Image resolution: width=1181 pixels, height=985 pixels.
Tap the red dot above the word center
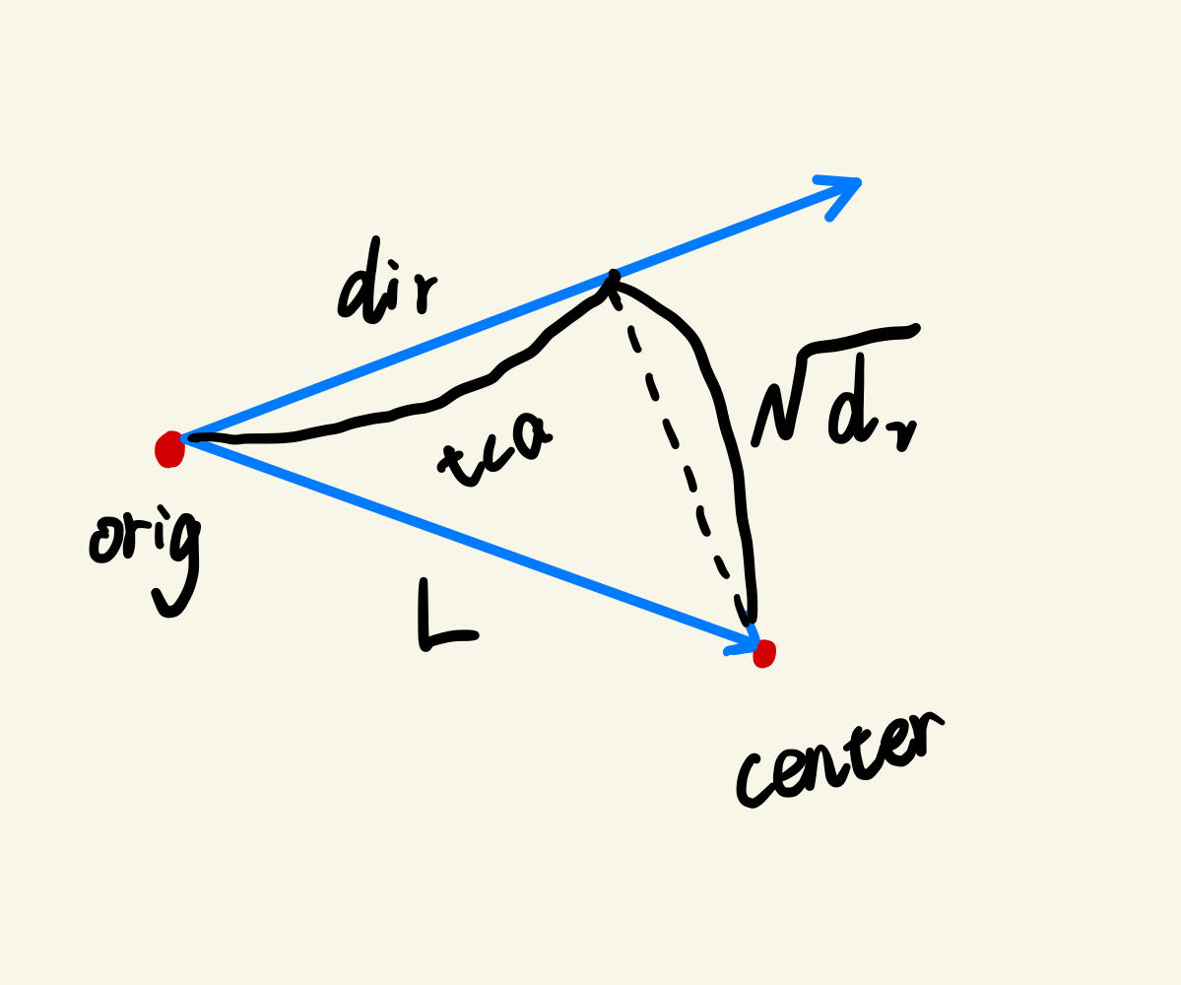tap(764, 653)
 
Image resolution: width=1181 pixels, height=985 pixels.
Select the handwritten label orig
tap(146, 552)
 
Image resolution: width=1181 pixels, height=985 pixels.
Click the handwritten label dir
tap(384, 286)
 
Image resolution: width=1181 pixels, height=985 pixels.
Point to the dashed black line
tap(680, 453)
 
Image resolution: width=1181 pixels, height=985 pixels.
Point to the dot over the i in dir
tap(393, 264)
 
